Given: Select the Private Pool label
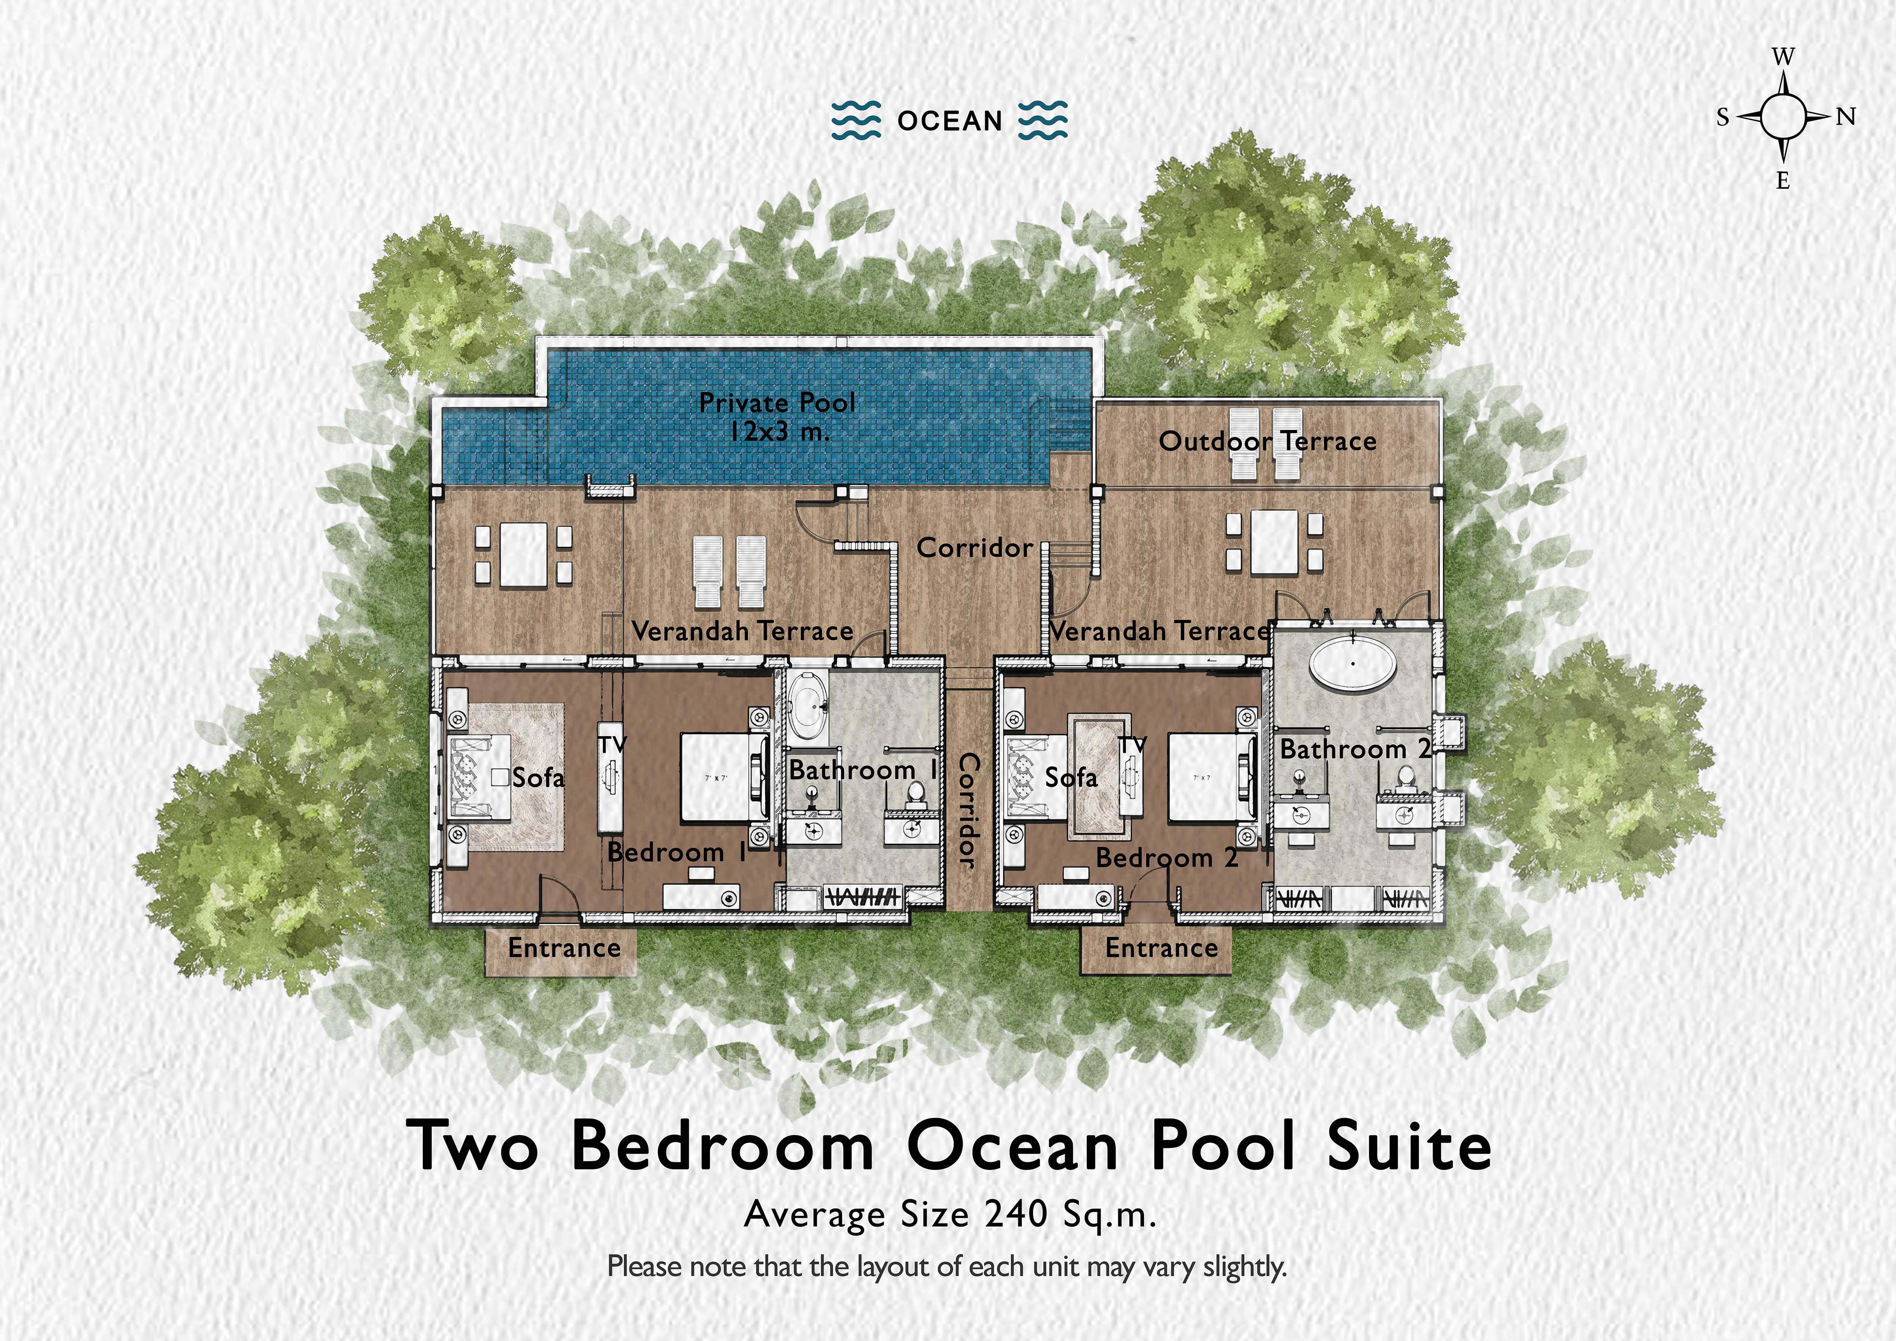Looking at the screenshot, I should tap(776, 403).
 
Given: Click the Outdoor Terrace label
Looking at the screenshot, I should tap(1268, 441).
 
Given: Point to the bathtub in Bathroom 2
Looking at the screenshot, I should tap(1353, 661).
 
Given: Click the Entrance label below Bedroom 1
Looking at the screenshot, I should tap(564, 948).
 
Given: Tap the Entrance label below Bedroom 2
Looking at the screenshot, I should tap(1161, 948).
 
